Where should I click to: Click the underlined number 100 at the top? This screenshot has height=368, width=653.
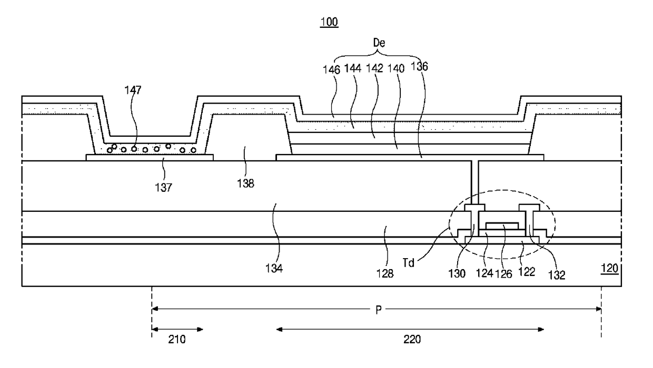329,22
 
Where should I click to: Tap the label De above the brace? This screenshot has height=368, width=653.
379,43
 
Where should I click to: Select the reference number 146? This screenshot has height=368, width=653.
331,70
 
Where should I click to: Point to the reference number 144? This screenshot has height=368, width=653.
353,68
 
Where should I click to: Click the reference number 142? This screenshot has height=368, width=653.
374,68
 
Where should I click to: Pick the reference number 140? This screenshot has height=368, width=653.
396,69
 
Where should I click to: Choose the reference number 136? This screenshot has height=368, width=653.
419,67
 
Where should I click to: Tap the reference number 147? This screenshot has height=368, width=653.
133,90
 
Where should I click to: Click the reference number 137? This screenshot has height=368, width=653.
164,188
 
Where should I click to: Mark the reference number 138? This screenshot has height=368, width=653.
245,183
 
